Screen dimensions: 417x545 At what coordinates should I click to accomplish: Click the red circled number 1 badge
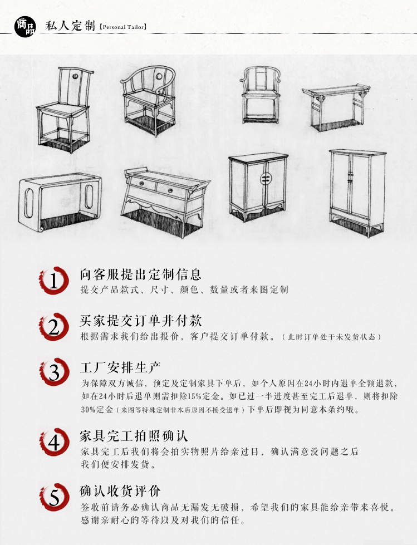[53, 281]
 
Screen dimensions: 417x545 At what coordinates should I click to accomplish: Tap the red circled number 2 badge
[53, 327]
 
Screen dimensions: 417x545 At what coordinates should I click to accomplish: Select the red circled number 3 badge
[53, 372]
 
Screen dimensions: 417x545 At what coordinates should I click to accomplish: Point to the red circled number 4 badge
[53, 442]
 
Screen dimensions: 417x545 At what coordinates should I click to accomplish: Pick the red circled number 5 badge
[53, 497]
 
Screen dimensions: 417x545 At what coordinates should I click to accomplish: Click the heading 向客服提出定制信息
[140, 274]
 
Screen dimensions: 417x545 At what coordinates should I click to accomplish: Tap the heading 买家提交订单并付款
[140, 321]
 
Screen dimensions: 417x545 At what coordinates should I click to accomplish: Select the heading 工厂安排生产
[120, 367]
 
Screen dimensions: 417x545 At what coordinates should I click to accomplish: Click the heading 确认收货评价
[120, 491]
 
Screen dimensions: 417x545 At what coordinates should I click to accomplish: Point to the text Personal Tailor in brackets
[122, 26]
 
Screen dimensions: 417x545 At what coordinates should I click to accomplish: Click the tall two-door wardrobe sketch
[356, 189]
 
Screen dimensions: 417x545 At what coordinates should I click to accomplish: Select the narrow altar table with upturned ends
[336, 106]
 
